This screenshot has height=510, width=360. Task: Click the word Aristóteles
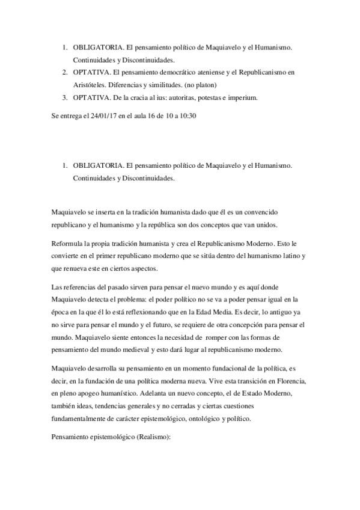coord(90,85)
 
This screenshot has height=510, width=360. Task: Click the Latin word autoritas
coord(182,97)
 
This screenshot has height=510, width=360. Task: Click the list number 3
coord(64,97)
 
